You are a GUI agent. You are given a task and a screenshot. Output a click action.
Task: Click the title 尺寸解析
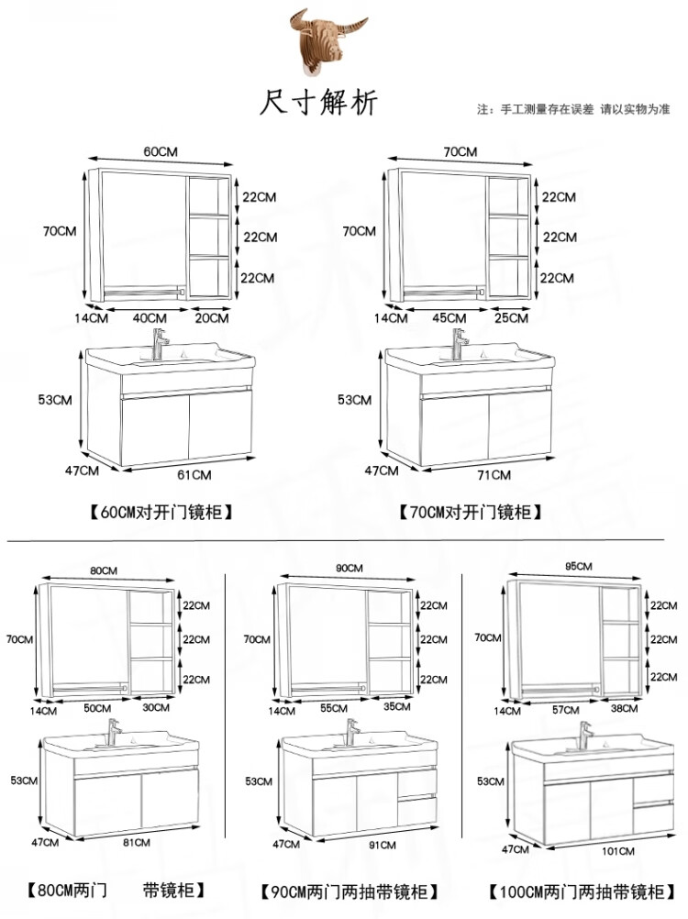319,103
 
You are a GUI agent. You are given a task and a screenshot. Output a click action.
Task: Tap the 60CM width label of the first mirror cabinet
161,151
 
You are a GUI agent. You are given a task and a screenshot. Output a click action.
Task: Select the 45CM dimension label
449,317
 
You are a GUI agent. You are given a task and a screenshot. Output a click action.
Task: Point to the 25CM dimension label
512,317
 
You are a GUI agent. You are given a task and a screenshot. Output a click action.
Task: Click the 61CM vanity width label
194,475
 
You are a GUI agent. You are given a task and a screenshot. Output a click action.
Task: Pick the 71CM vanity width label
494,475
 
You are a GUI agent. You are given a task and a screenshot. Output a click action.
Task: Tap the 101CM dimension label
618,851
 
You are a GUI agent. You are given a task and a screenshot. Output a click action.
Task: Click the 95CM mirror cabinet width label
579,566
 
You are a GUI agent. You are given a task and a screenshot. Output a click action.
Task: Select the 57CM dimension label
565,710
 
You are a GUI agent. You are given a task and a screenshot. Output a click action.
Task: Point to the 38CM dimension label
624,708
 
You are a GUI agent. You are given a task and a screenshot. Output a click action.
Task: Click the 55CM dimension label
334,708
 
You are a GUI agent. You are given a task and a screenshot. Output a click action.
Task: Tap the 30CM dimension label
156,707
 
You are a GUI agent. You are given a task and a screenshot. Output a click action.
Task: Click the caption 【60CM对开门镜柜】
161,513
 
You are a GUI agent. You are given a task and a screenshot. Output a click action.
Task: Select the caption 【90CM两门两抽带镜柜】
350,892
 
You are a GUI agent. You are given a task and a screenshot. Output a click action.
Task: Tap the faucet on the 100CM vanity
585,736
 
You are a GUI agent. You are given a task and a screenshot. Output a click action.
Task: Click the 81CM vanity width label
137,842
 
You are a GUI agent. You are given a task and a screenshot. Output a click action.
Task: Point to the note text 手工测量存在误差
547,109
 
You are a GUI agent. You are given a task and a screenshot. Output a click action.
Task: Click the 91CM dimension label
383,845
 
